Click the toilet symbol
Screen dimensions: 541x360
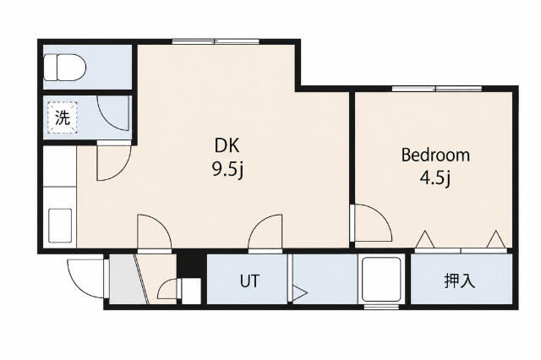click(65, 68)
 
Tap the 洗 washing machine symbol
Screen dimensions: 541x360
click(63, 117)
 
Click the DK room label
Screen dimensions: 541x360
click(227, 145)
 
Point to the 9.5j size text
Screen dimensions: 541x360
click(228, 170)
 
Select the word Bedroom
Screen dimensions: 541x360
click(435, 155)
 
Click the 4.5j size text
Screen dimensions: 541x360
click(435, 178)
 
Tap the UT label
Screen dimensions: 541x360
click(249, 281)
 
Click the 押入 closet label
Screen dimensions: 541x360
click(460, 281)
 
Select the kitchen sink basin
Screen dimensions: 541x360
click(60, 226)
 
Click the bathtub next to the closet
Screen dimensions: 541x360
click(382, 279)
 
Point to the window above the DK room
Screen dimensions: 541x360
click(216, 41)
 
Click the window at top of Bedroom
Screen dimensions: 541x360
click(437, 89)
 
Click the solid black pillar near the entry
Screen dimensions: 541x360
click(189, 265)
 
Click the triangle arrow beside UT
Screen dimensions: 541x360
click(299, 294)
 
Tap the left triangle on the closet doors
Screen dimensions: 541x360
click(424, 239)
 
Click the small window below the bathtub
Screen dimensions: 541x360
click(381, 307)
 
